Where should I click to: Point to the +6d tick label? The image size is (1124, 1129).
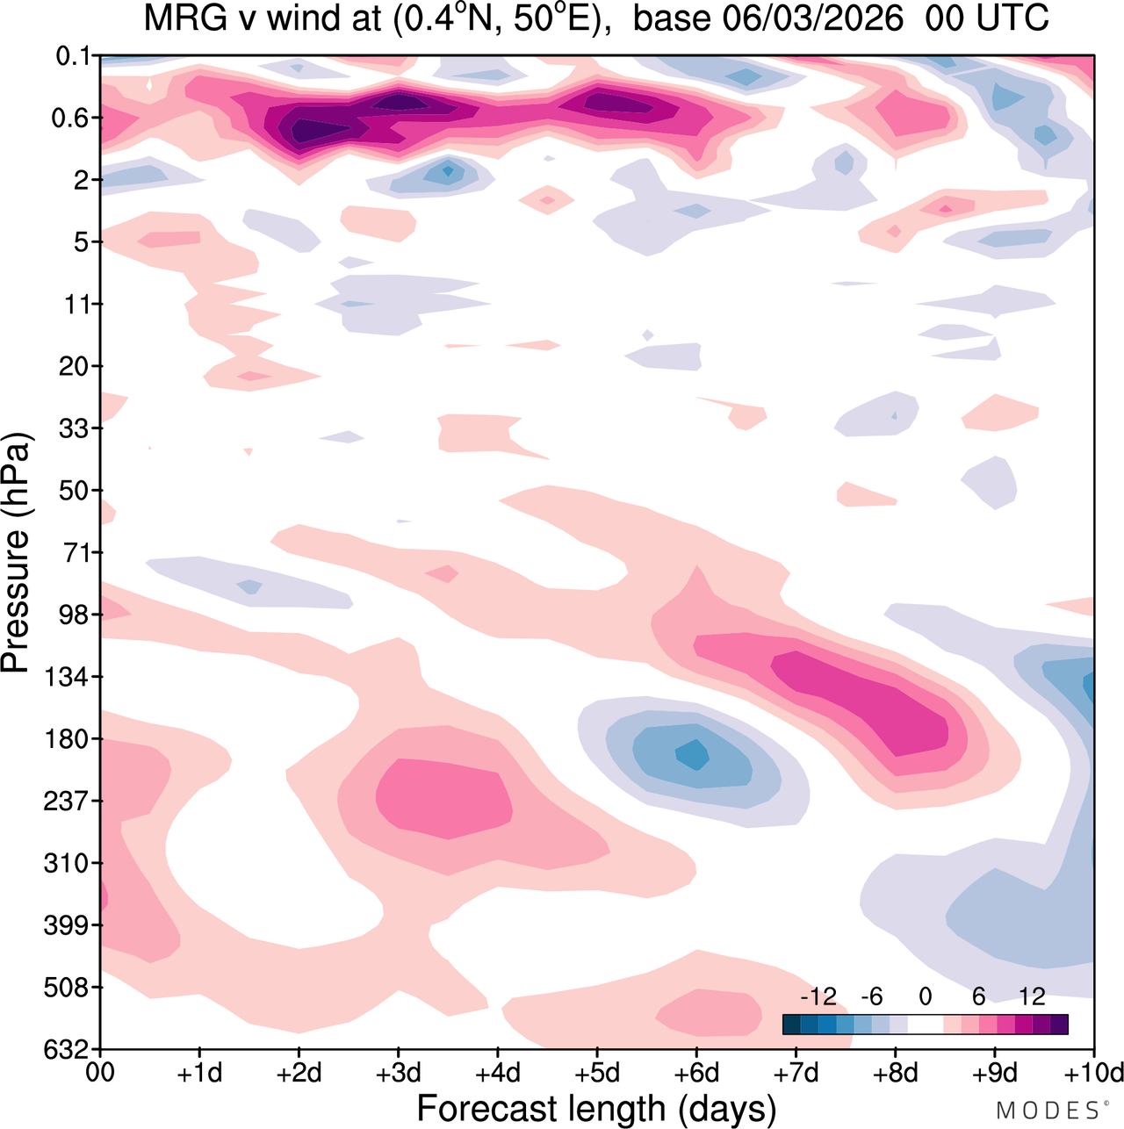pyautogui.click(x=696, y=1073)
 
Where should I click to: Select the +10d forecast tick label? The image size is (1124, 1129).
pyautogui.click(x=1093, y=1073)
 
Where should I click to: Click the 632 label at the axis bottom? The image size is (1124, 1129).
pyautogui.click(x=68, y=1049)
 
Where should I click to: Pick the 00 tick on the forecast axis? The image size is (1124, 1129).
pyautogui.click(x=101, y=1073)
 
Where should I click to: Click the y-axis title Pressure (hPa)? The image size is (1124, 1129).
pyautogui.click(x=16, y=553)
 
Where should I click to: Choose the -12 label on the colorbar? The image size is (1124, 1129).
pyautogui.click(x=818, y=996)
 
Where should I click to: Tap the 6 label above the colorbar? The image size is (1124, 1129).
pyautogui.click(x=978, y=996)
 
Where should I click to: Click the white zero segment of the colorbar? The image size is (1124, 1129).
pyautogui.click(x=926, y=1025)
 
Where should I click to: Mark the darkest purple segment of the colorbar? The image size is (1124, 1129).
pyautogui.click(x=1059, y=1025)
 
